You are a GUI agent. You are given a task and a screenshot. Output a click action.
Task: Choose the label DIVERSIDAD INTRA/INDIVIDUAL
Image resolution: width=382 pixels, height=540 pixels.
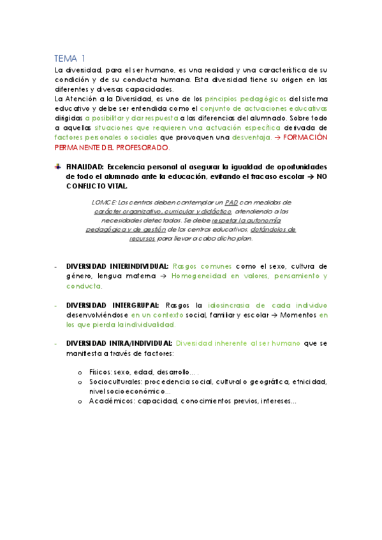pyautogui.click(x=118, y=343)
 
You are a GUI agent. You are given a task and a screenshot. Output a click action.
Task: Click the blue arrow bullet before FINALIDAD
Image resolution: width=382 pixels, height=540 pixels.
pyautogui.click(x=58, y=165)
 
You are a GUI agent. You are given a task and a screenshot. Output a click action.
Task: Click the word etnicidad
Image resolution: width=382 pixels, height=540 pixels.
pyautogui.click(x=310, y=382)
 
